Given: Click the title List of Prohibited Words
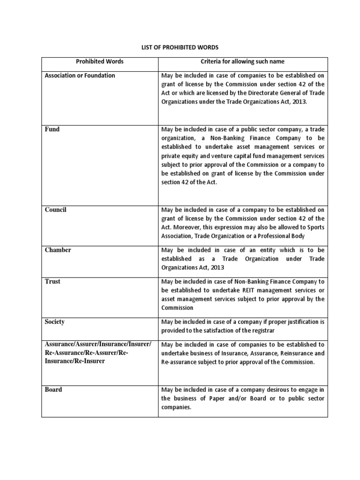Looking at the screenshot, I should click(x=180, y=47).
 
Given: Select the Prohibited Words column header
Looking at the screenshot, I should click(x=99, y=62).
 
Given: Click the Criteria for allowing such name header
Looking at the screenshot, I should click(x=243, y=62).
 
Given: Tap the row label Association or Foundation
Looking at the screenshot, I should click(x=80, y=75).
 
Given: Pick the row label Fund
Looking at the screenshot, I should click(x=52, y=129).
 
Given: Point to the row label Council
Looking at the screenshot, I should click(x=55, y=210).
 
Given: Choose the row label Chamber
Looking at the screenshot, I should click(x=58, y=250).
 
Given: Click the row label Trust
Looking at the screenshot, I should click(x=52, y=282).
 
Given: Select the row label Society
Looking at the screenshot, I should click(x=54, y=322).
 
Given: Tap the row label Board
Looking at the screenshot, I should click(x=53, y=390).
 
